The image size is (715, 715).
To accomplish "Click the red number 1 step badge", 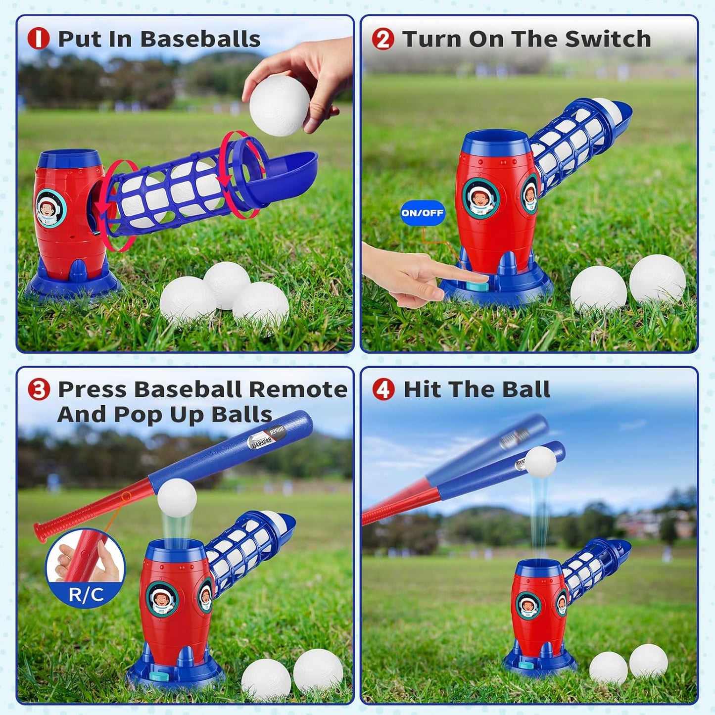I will pyautogui.click(x=39, y=39).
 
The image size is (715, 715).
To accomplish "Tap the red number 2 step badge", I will pyautogui.click(x=383, y=39).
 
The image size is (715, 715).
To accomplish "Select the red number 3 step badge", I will pyautogui.click(x=39, y=389).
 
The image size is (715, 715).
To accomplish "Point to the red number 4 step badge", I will pyautogui.click(x=383, y=389).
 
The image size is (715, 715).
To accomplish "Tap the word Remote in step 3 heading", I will pyautogui.click(x=298, y=389).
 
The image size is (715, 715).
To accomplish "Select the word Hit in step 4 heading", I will pyautogui.click(x=422, y=389).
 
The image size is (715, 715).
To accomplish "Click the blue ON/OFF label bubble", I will pyautogui.click(x=423, y=213).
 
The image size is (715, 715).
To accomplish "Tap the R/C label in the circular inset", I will pyautogui.click(x=86, y=594).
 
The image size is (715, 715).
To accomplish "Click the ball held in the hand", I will pyautogui.click(x=279, y=105).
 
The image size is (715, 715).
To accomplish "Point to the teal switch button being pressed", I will pyautogui.click(x=477, y=286).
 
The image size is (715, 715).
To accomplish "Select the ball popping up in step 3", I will pyautogui.click(x=177, y=498).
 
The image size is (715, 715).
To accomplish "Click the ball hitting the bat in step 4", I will pyautogui.click(x=540, y=462).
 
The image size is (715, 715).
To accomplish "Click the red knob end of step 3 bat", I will pyautogui.click(x=39, y=530).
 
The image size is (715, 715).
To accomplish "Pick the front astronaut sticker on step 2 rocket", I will pyautogui.click(x=480, y=198).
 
